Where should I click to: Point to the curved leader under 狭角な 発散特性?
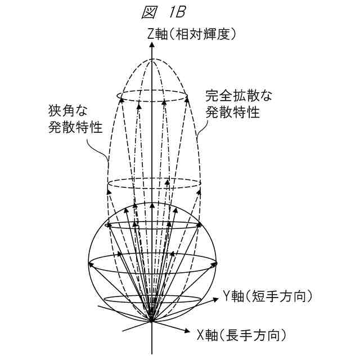click(x=101, y=149)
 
